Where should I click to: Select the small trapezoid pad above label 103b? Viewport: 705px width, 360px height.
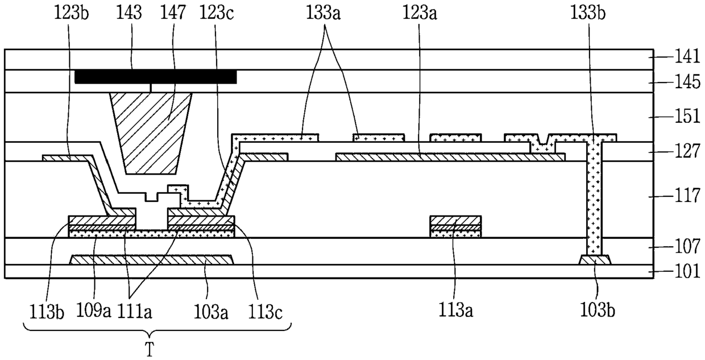pos(595,260)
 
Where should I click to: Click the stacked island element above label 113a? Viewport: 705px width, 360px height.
pos(455,226)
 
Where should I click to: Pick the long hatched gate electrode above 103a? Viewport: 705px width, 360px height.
pos(151,260)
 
